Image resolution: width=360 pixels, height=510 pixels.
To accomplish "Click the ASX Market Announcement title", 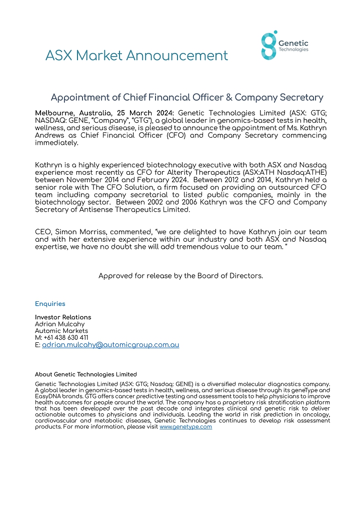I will coord(136,55).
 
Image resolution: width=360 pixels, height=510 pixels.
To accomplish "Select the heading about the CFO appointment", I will coord(187,98).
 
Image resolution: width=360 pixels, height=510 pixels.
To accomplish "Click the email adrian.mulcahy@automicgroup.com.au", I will coord(110,345).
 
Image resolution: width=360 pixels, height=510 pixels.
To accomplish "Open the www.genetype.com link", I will coord(185,427).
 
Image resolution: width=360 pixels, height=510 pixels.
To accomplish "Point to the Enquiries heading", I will coord(50,304).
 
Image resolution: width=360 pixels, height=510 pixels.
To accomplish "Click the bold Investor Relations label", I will coord(63,317).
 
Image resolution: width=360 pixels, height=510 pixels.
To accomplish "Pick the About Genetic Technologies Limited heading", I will coord(85,374).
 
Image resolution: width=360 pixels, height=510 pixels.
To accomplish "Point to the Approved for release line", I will coord(180,276).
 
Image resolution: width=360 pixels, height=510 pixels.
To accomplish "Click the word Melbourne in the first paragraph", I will coord(55,113).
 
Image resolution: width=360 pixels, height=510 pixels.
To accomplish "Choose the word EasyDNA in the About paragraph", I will coord(48,395).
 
